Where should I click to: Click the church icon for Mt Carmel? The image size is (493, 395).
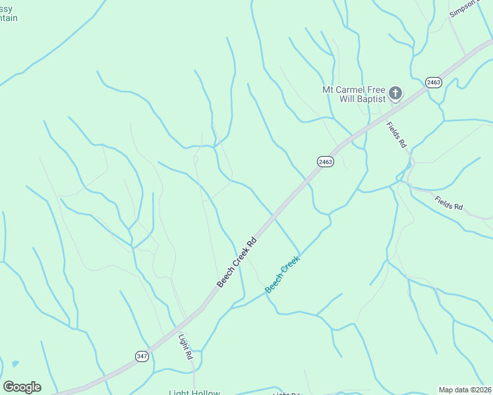pyautogui.click(x=395, y=93)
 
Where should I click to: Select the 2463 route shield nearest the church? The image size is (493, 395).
pyautogui.click(x=432, y=82)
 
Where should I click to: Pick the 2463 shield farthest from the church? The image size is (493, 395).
pyautogui.click(x=324, y=161)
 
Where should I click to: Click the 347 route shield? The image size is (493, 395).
pyautogui.click(x=142, y=355)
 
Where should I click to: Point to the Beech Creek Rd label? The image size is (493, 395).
pyautogui.click(x=236, y=262)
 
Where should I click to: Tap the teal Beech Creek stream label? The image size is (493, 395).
pyautogui.click(x=282, y=274)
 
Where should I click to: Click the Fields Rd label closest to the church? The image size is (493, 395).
pyautogui.click(x=396, y=135)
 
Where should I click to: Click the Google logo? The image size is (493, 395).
pyautogui.click(x=22, y=387)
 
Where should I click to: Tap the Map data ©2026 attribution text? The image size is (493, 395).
pyautogui.click(x=465, y=390)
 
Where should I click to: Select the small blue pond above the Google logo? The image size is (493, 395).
pyautogui.click(x=14, y=363)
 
